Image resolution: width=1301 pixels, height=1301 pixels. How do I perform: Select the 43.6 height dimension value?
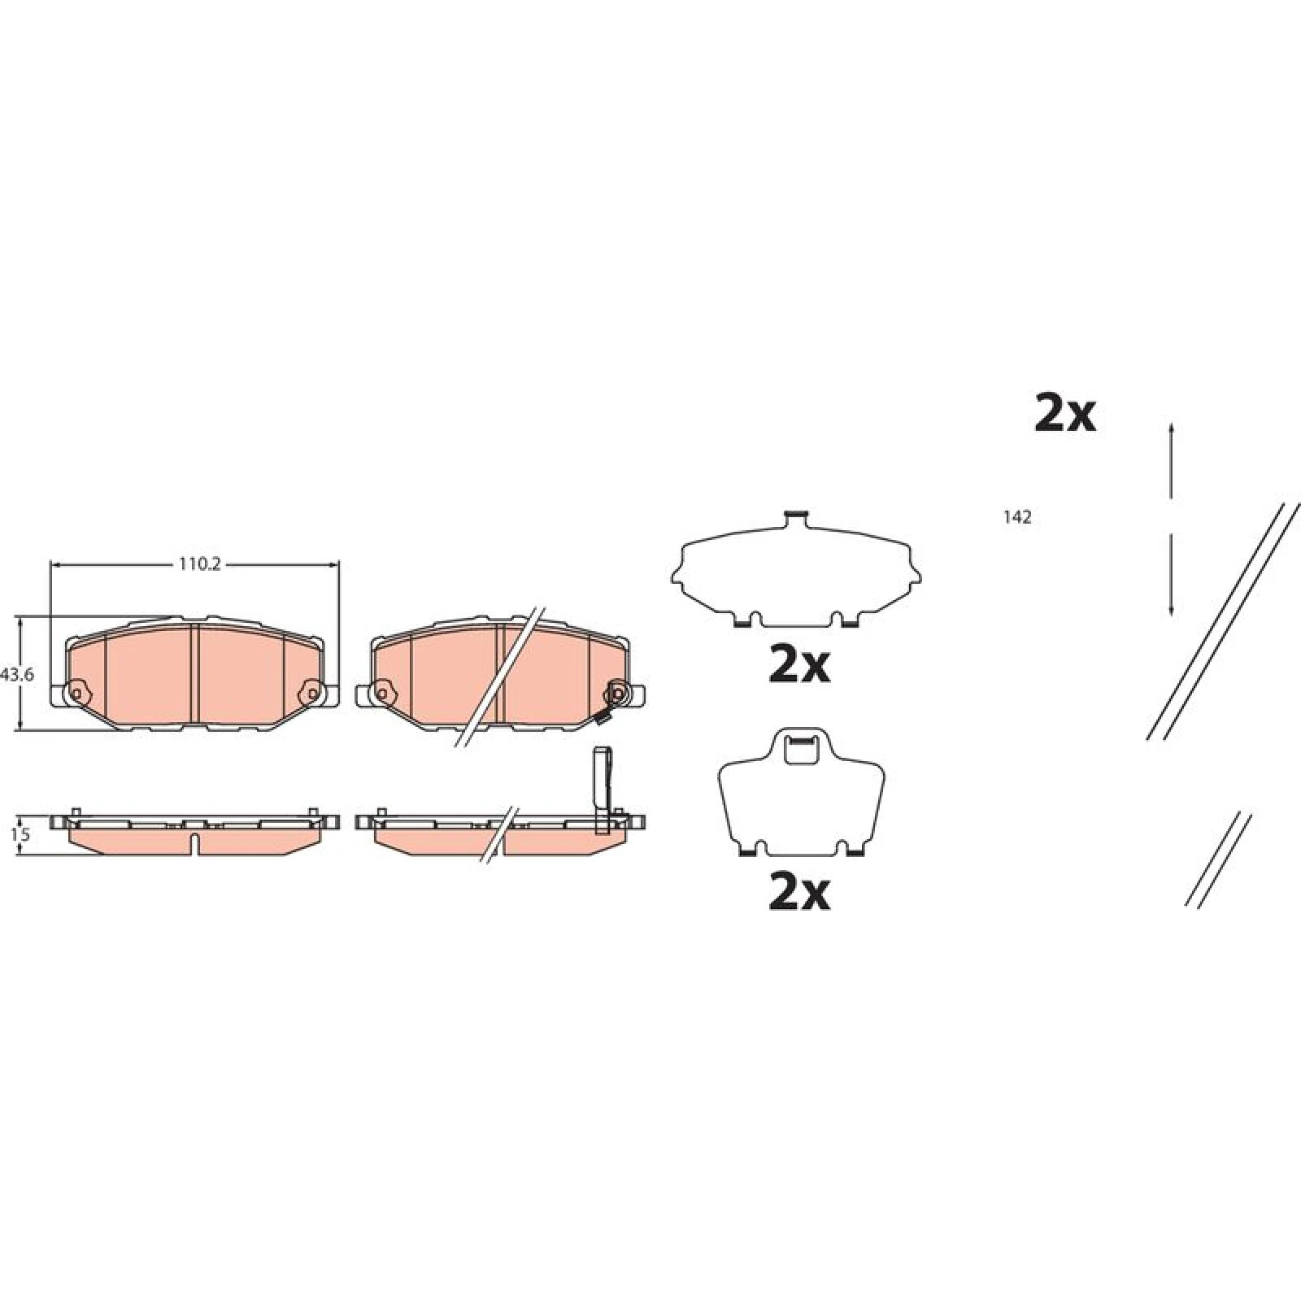click(18, 674)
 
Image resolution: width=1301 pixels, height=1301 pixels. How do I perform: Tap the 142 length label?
click(1018, 517)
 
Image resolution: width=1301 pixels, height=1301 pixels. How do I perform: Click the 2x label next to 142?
click(1064, 415)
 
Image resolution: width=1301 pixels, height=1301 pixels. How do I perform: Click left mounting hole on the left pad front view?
click(77, 694)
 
